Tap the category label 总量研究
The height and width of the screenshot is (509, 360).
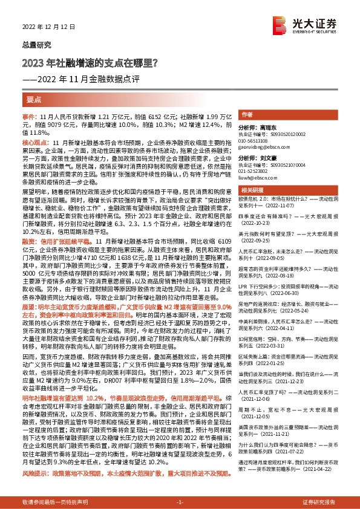[x=34, y=45]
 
